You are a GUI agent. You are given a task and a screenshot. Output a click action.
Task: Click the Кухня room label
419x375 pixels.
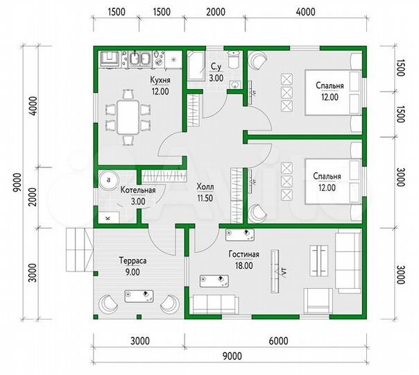(160, 81)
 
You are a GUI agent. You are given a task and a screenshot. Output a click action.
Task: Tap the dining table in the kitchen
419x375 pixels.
(128, 117)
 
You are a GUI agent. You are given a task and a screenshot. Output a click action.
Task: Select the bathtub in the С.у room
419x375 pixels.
(196, 66)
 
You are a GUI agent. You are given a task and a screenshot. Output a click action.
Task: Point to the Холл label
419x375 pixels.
(205, 187)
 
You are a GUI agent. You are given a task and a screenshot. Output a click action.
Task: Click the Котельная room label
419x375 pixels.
(138, 190)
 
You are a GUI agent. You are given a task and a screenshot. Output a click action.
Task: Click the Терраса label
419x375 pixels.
(132, 260)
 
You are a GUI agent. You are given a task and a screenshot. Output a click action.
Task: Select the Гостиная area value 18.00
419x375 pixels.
(244, 265)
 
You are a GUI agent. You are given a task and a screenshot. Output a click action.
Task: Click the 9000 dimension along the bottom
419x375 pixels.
(232, 356)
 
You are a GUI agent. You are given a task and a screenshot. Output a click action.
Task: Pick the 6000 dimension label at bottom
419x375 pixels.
(279, 341)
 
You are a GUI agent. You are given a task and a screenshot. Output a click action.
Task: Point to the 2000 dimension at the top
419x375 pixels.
(216, 12)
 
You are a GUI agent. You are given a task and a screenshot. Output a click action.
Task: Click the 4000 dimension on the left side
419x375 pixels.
(34, 106)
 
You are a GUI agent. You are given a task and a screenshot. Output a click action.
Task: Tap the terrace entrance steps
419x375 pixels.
(80, 249)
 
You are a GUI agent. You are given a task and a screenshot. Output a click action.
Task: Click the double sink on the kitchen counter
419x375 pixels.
(139, 58)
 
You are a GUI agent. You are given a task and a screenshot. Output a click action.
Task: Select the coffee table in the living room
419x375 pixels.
(319, 260)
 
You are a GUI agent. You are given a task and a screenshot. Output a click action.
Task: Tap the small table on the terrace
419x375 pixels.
(139, 296)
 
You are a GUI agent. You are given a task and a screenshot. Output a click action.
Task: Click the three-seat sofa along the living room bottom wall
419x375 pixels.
(216, 304)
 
